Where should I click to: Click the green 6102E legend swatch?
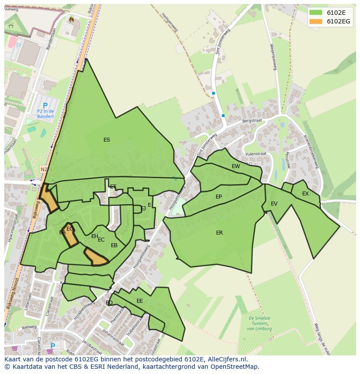(316, 12)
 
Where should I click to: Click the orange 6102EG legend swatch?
(316, 21)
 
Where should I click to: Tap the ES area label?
(107, 140)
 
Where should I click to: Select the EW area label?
(236, 166)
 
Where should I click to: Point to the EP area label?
(219, 197)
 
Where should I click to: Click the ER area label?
(219, 233)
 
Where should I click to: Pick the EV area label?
(274, 204)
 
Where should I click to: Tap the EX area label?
(305, 194)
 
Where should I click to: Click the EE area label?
(140, 301)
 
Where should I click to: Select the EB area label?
(114, 245)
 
